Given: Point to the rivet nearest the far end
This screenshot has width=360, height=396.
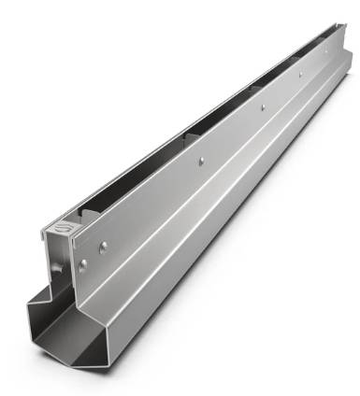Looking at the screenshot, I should (x=326, y=52).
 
